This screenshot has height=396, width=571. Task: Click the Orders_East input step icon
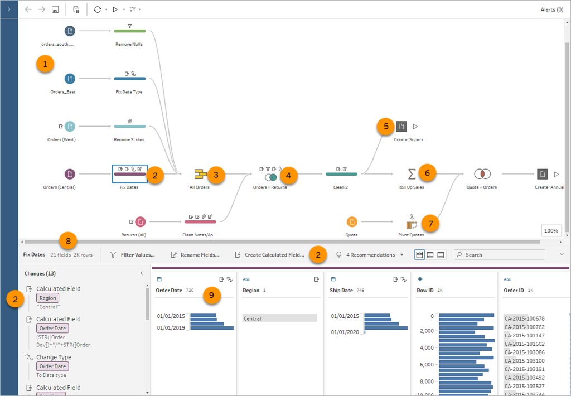point(70,79)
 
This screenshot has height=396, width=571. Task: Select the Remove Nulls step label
point(129,44)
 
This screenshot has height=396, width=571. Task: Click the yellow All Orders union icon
point(200,175)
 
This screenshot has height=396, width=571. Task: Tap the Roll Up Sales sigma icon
point(412,175)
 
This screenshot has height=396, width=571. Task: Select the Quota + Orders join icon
point(482,175)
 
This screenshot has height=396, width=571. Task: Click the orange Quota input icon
point(352,222)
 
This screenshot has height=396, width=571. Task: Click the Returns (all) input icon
point(140,222)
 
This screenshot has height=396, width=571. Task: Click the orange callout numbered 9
point(210,294)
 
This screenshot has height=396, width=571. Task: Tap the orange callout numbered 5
point(385,126)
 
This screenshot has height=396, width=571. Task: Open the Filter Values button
point(133,255)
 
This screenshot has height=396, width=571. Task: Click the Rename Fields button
point(195,255)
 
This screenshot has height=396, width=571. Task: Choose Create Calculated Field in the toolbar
point(269,255)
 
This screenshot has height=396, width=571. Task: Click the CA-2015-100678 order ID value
point(524,318)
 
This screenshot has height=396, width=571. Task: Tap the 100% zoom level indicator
point(550,230)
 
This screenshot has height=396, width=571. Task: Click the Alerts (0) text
point(551,9)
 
